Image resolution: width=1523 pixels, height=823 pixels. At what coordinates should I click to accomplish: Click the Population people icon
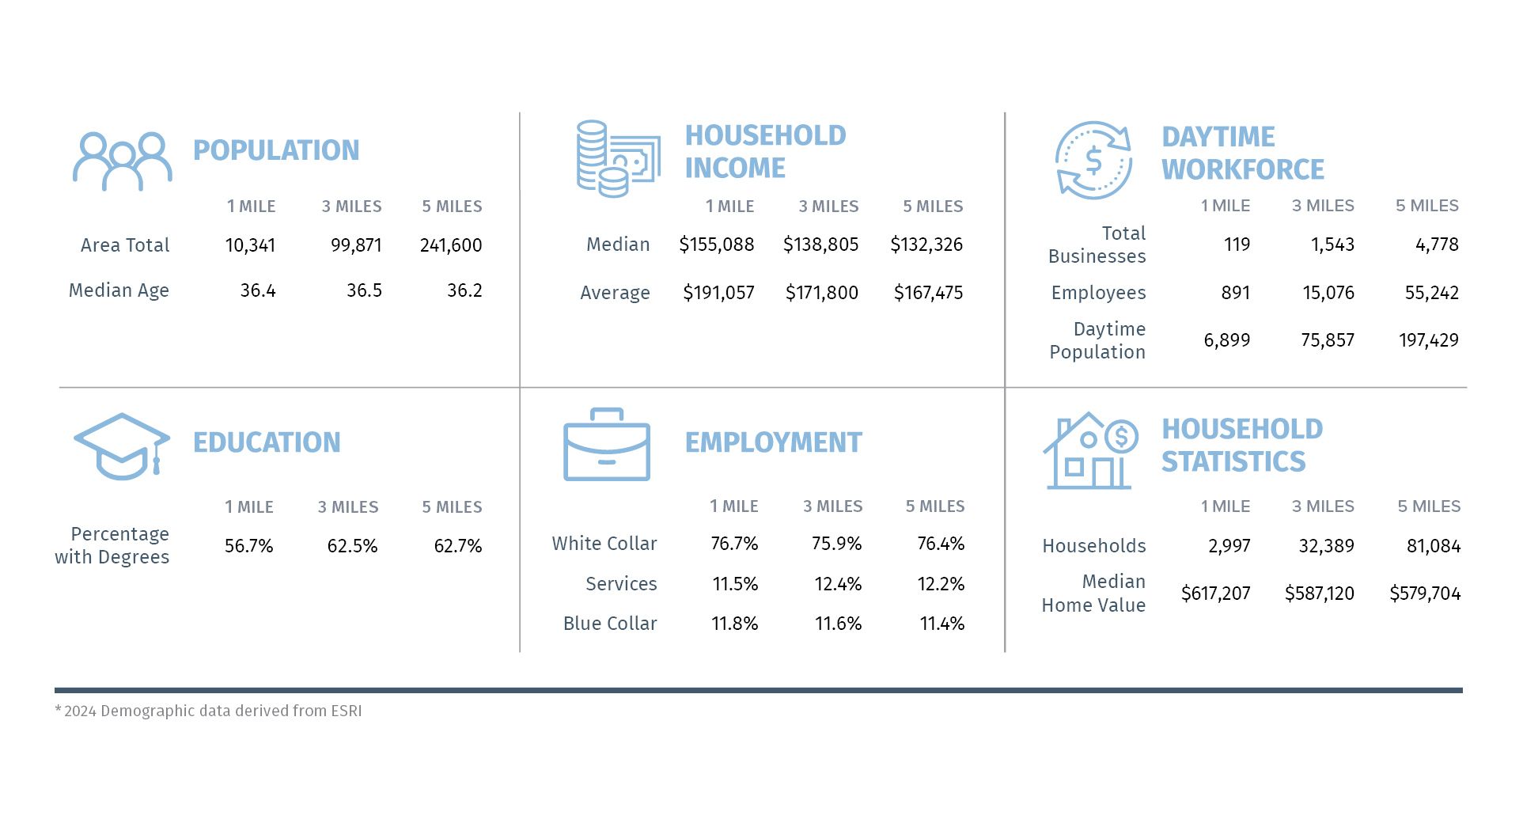click(123, 161)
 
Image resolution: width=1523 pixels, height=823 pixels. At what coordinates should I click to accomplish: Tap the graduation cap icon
click(122, 446)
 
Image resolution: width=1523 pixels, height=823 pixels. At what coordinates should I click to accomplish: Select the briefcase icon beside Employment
click(607, 445)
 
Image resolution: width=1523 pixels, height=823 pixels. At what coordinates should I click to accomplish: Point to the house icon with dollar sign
click(1089, 450)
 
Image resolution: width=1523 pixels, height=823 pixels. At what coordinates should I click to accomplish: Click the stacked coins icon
click(618, 158)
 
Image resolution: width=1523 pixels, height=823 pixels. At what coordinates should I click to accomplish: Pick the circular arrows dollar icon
click(1093, 160)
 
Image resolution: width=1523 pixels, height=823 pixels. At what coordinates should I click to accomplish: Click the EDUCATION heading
click(267, 442)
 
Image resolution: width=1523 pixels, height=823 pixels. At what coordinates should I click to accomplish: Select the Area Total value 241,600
click(451, 245)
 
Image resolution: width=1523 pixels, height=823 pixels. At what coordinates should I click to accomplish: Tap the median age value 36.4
click(258, 290)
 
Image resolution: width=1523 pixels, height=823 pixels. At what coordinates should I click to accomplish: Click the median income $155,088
click(716, 245)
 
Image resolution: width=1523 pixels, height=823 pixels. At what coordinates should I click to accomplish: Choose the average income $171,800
click(821, 293)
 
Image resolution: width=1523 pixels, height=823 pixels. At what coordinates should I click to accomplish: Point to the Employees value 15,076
click(1328, 293)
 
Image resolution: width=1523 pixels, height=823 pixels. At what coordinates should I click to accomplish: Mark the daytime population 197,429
click(1428, 340)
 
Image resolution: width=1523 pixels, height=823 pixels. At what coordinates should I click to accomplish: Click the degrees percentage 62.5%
click(352, 546)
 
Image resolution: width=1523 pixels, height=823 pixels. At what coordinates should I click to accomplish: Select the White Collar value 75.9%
click(836, 544)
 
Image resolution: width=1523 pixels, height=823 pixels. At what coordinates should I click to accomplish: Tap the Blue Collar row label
click(610, 624)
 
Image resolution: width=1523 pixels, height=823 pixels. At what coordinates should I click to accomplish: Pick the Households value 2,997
click(1229, 546)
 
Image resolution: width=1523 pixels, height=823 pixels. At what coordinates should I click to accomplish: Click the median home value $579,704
click(1425, 594)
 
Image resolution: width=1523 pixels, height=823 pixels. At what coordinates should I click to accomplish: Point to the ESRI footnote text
click(209, 711)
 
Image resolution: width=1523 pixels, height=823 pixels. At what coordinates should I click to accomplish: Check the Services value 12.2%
click(941, 584)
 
